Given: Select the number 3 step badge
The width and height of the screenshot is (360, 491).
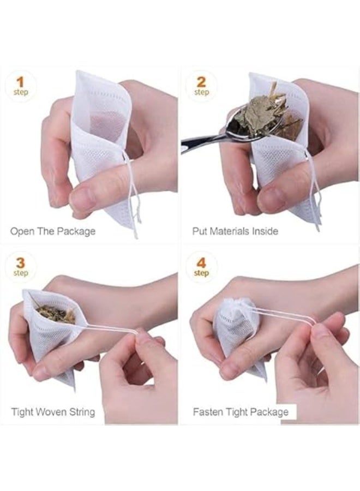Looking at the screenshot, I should tap(21, 266).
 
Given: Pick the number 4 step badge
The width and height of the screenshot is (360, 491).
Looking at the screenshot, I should tap(201, 266).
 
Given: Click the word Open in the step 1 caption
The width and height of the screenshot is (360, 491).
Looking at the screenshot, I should tap(22, 231).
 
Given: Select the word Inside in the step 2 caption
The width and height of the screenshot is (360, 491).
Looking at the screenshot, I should tap(265, 231).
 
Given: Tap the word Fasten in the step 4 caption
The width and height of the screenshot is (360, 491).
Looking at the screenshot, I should tap(208, 411).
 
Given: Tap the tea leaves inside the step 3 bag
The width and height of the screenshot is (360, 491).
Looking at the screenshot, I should tap(55, 313).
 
